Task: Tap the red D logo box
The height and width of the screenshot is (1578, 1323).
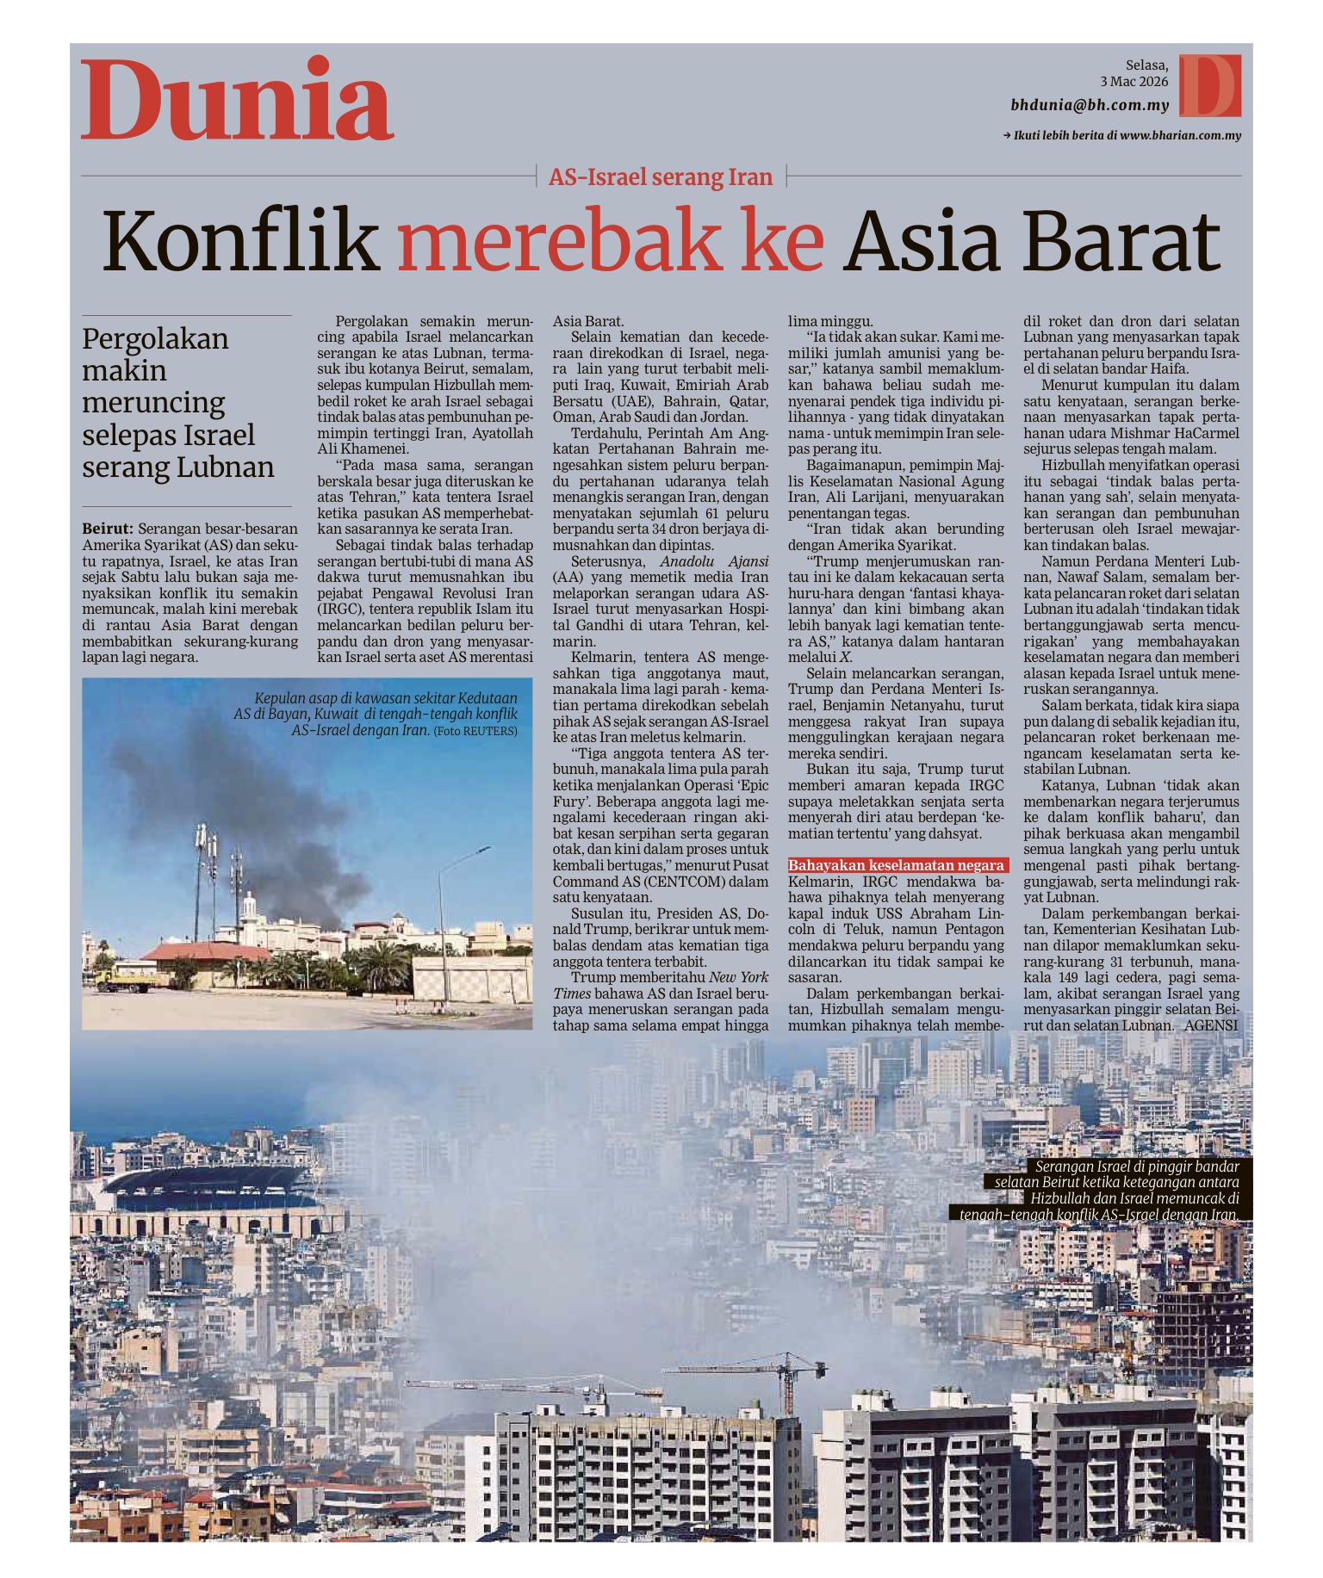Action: (x=1210, y=85)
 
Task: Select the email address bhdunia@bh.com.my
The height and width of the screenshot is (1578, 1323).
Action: (x=1090, y=106)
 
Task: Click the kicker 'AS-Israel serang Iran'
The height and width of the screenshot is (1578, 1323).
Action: (x=661, y=177)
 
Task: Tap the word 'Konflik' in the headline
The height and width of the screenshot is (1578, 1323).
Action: (x=241, y=241)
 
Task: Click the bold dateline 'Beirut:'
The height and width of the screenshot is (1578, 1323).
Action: (x=108, y=529)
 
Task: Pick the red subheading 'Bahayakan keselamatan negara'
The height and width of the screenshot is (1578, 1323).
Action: (x=897, y=865)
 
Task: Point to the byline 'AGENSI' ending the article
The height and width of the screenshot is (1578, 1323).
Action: (x=1211, y=1025)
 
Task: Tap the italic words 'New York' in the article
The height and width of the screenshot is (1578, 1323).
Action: (x=739, y=977)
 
